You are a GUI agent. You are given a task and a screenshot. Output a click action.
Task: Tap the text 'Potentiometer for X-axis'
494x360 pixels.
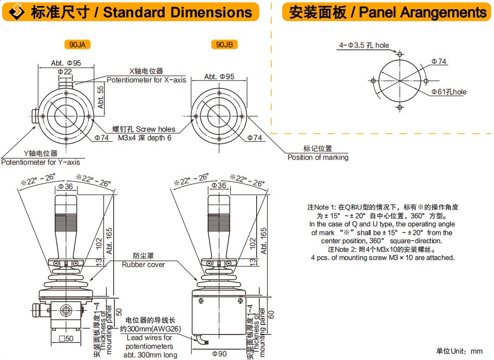(146, 80)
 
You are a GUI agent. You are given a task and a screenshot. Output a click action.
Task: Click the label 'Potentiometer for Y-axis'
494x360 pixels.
(41, 162)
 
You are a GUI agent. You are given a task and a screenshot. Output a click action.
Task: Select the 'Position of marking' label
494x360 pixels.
(318, 158)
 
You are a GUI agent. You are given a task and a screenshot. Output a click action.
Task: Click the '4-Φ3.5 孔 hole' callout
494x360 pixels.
(364, 45)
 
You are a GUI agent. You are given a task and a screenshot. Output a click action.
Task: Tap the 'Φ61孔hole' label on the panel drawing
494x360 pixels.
(448, 92)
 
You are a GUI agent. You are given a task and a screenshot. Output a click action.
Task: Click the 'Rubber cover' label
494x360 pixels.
(143, 265)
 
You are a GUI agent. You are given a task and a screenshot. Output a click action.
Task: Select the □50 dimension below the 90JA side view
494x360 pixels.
(66, 339)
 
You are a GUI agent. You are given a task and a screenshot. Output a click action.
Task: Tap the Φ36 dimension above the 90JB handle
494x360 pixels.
(219, 186)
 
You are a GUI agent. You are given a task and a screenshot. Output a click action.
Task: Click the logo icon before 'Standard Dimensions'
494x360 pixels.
(18, 12)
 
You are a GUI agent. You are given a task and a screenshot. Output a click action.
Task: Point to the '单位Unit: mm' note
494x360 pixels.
(459, 351)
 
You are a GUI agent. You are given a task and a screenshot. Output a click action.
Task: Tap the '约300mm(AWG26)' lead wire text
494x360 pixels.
(150, 329)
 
